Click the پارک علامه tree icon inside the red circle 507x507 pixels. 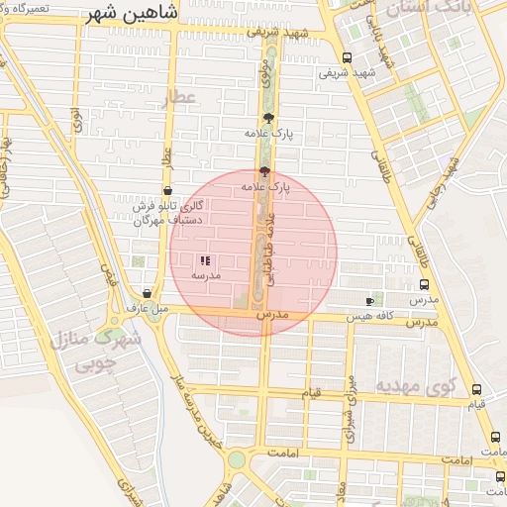point(263,170)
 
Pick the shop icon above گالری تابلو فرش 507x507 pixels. point(166,190)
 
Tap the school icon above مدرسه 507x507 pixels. point(206,260)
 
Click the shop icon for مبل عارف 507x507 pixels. point(148,293)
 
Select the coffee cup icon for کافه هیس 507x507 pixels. point(370,300)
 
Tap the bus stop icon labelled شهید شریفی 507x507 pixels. point(346,57)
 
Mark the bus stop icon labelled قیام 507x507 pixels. point(477,389)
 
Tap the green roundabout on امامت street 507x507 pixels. point(236,459)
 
